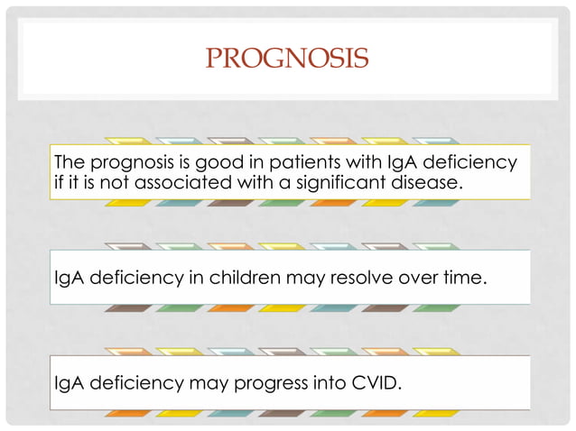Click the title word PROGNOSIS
287,60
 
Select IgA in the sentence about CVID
69,385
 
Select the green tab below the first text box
281,204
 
